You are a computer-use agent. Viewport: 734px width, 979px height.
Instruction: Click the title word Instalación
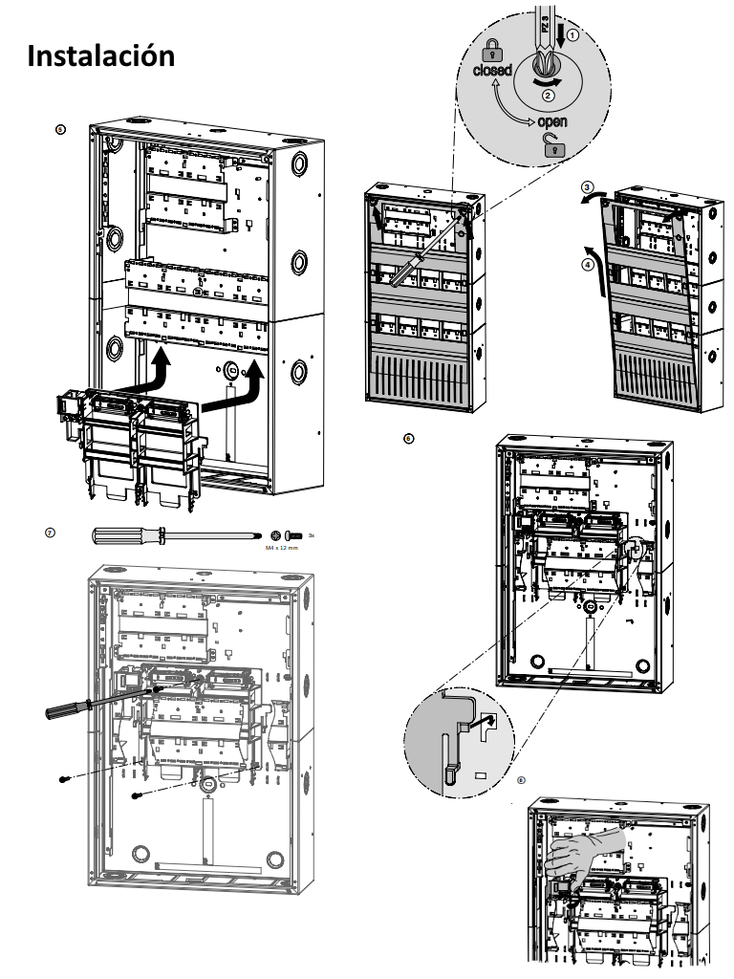click(x=101, y=55)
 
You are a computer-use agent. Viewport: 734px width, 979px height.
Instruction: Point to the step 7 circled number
click(x=51, y=530)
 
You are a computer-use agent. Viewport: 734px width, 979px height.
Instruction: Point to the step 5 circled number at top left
click(x=63, y=127)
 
